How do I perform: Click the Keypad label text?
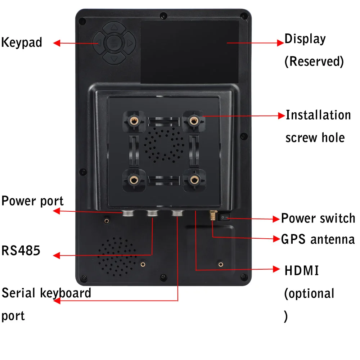tap(22, 42)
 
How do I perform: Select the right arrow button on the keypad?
tap(130, 44)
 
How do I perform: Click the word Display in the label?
tap(305, 39)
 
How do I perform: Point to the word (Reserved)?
tap(314, 61)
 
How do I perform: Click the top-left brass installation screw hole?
tap(134, 121)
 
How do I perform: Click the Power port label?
tap(32, 201)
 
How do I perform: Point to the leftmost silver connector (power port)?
tap(128, 214)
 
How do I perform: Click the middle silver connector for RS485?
tap(152, 214)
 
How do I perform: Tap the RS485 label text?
tap(21, 251)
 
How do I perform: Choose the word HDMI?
tap(302, 271)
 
